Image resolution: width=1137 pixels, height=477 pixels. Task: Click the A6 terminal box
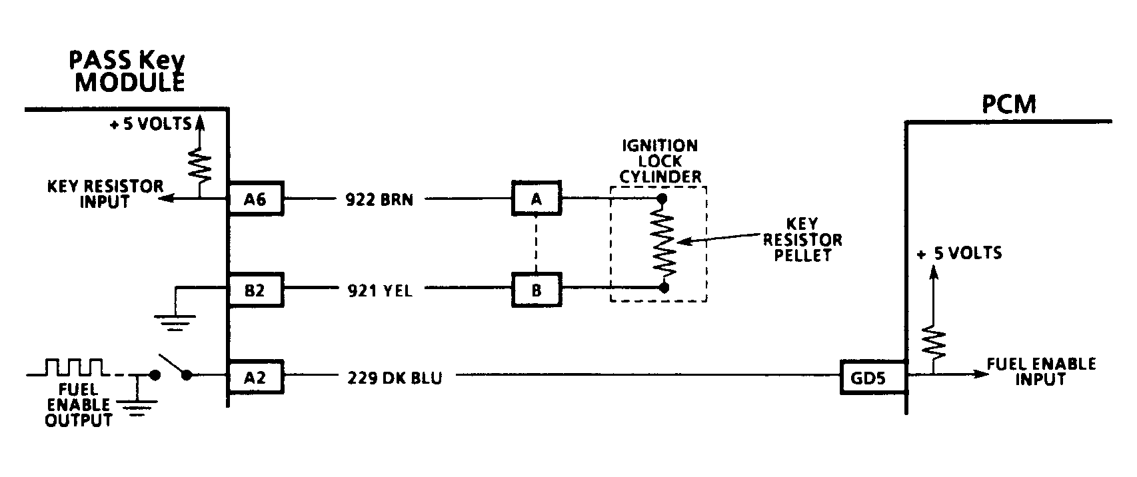[x=255, y=198]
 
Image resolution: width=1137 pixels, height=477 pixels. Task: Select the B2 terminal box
[x=255, y=290]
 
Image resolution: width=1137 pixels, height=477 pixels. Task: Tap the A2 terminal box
[x=255, y=377]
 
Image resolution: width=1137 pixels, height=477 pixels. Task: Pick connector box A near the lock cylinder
[x=536, y=198]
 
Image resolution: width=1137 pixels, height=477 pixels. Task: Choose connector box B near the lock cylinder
[x=536, y=290]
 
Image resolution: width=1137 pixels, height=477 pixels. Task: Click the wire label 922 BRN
[x=380, y=199]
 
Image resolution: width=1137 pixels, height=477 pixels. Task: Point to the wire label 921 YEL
[x=380, y=290]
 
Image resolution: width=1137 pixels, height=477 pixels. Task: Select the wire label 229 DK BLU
[x=395, y=378]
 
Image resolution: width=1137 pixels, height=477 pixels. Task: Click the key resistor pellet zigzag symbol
[x=664, y=243]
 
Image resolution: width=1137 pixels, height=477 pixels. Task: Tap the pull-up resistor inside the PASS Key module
[x=199, y=167]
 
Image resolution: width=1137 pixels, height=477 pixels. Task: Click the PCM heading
[x=1009, y=105]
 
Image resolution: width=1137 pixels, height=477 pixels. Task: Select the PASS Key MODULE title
[x=127, y=72]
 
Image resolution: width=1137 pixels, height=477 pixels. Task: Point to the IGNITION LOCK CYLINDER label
[x=659, y=161]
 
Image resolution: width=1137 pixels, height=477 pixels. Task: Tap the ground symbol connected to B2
[x=175, y=324]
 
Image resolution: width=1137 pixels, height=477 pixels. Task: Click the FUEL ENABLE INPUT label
[x=1040, y=371]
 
